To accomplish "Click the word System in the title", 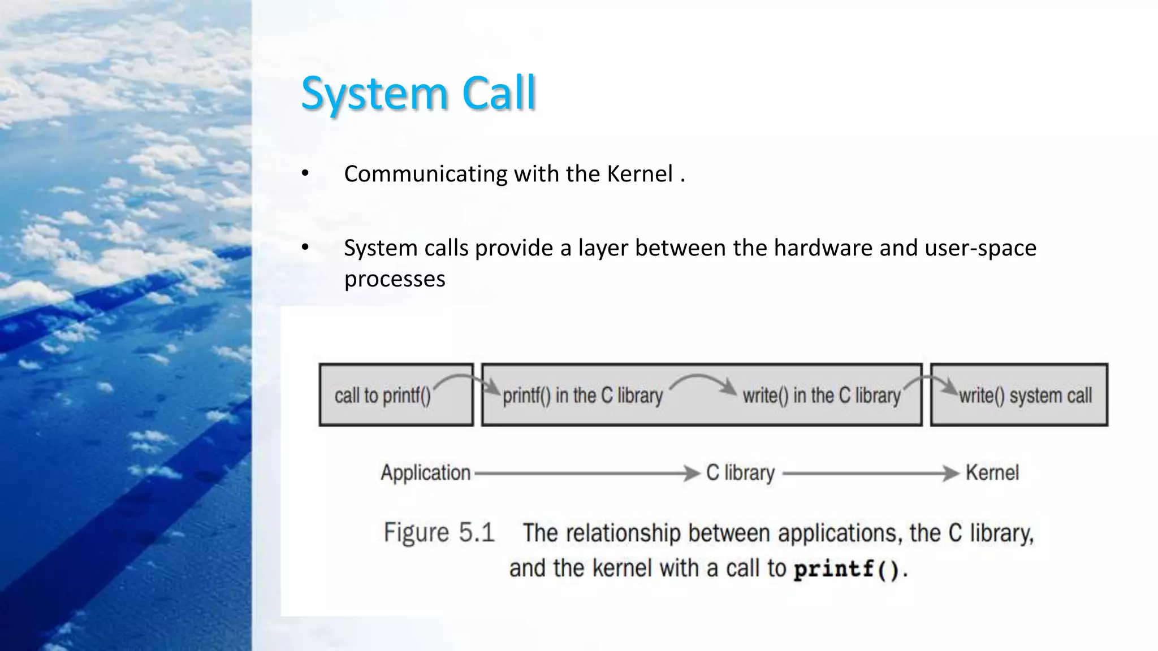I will [374, 93].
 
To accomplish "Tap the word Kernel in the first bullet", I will [640, 174].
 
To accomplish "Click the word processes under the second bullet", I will [395, 279].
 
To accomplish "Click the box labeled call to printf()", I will [396, 395].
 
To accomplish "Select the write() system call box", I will [1019, 395].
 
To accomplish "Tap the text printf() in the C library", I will [582, 396].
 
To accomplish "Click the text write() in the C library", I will [821, 396].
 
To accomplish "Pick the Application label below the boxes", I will [425, 472].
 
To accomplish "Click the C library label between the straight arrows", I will [740, 472].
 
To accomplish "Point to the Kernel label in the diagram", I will [992, 472].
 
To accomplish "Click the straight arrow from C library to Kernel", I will [871, 473].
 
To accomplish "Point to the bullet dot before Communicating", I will [305, 173].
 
